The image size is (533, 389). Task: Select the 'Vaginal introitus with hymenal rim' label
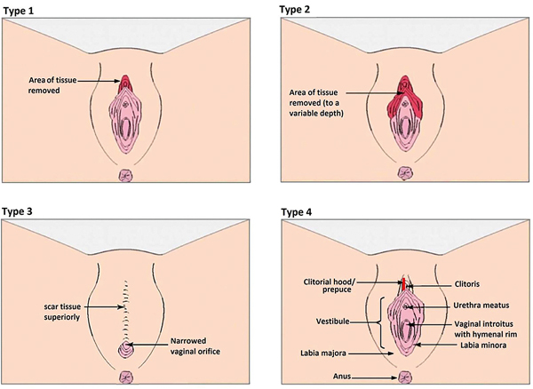pyautogui.click(x=489, y=329)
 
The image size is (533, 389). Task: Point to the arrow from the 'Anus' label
pyautogui.click(x=378, y=377)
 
